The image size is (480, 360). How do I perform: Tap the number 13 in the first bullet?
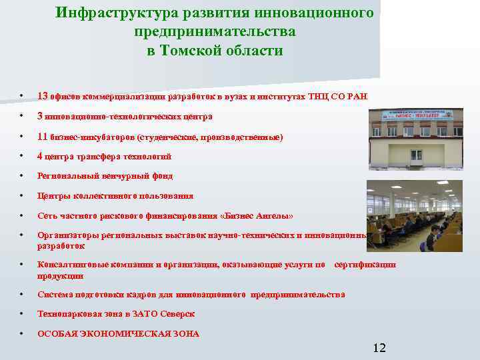tap(42, 96)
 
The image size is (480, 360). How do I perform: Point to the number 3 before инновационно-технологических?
tap(40, 116)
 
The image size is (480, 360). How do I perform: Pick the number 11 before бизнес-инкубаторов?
tap(42, 137)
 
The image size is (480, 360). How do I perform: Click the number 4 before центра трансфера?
tap(40, 156)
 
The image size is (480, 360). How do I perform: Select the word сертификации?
tap(365, 265)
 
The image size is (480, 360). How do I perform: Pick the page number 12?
tap(379, 347)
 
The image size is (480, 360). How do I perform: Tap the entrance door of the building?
tap(416, 156)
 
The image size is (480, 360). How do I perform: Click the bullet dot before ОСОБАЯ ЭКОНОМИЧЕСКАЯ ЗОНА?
tap(22, 333)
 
